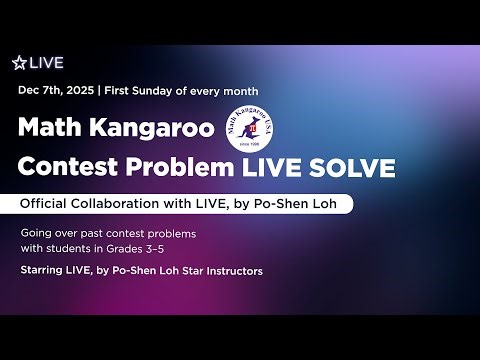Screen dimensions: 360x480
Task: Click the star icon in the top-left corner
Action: tap(18, 62)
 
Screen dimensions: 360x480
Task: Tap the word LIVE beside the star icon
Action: tap(46, 62)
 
